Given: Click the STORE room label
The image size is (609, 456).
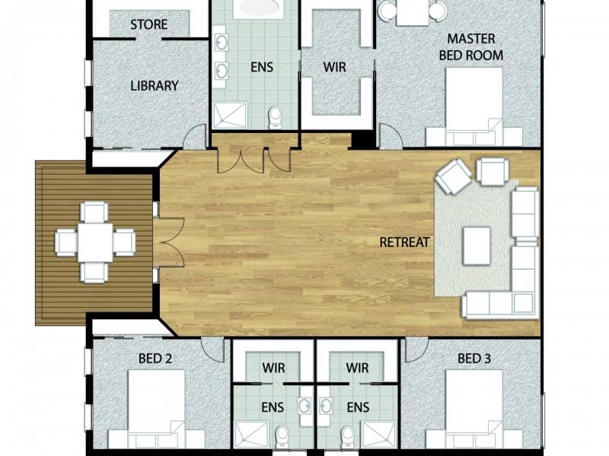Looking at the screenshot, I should click(148, 24).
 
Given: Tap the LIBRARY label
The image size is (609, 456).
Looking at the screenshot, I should click(154, 86).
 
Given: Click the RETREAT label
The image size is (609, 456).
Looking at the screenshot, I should click(405, 243).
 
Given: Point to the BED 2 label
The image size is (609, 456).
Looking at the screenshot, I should click(155, 358).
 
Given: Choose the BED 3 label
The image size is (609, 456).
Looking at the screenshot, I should click(474, 358).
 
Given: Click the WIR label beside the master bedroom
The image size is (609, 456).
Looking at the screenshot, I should click(335, 68).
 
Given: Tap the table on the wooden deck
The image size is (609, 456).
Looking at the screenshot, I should click(95, 242).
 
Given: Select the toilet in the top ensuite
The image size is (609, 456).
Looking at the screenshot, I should click(276, 116).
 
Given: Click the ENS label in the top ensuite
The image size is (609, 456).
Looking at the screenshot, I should click(261, 68).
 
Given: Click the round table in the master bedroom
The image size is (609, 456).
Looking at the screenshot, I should click(412, 10).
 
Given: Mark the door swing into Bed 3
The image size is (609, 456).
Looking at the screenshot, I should click(413, 349).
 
